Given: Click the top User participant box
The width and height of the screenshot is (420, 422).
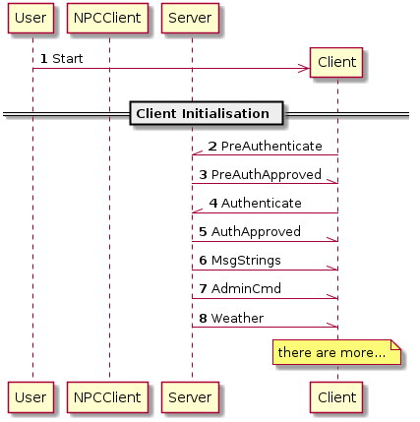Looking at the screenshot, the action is coord(30,18).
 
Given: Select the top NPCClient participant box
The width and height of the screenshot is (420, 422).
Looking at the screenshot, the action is coord(107,18).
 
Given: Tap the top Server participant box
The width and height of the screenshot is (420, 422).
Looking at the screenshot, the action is coord(190,18).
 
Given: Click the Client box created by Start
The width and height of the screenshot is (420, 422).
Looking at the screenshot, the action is coord(336,62).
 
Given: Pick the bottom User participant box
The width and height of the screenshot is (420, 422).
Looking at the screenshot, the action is coord(30,397).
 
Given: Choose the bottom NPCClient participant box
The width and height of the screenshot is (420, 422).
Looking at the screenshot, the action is coord(107,397).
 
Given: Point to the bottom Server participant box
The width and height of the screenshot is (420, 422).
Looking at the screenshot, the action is coord(190,397).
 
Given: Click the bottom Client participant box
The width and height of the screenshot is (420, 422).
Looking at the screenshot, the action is coord(336,397).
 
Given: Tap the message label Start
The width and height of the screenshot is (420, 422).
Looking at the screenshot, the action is coord(68,59).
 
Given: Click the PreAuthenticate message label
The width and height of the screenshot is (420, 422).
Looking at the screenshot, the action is coord(271,147).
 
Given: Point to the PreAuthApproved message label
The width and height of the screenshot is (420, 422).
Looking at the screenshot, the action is coord(267,175).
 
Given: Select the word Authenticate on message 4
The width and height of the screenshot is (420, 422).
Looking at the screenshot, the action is coord(262,204).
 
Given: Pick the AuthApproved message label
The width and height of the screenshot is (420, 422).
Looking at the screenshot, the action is coord(256,232).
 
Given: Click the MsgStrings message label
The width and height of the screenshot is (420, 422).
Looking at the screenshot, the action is coord(246,261).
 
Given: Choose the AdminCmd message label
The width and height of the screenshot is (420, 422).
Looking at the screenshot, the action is coord(246,289).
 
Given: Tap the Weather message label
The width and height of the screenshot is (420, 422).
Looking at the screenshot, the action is coord(237,318).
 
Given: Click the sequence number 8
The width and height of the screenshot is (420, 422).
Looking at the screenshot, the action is coord(203,318).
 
